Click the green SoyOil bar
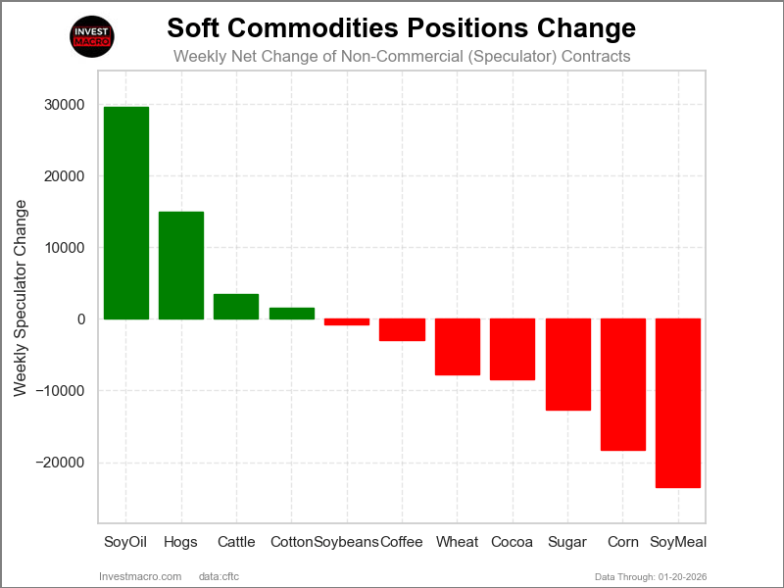[x=126, y=213]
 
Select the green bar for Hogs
[x=181, y=266]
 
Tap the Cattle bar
[x=236, y=307]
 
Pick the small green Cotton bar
[x=291, y=314]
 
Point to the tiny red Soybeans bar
[x=347, y=321]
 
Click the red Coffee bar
[x=402, y=329]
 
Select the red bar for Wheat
[x=458, y=347]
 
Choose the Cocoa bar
[x=513, y=349]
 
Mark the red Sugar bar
[x=568, y=365]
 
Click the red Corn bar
[x=623, y=384]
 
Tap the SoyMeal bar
[x=678, y=403]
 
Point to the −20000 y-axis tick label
[x=61, y=463]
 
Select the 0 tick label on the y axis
[x=80, y=319]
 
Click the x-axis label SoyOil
[x=125, y=542]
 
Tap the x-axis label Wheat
[x=458, y=542]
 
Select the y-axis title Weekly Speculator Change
[x=21, y=299]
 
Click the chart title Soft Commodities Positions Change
[x=402, y=26]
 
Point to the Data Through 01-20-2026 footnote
[x=651, y=576]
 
